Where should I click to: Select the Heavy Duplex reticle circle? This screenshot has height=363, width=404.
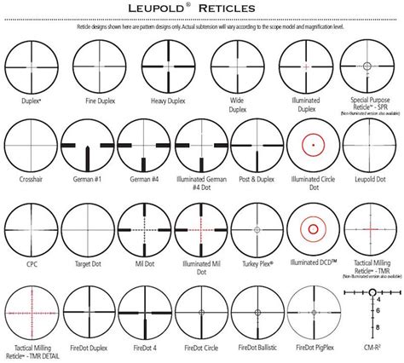[x=164, y=66]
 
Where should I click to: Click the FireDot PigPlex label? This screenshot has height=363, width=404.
[x=311, y=349]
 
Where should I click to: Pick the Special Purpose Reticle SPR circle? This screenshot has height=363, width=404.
[x=367, y=66]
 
